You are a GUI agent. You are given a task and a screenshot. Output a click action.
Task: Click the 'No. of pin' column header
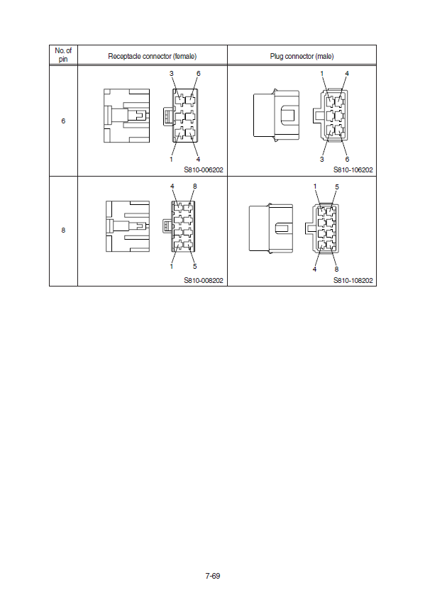coord(63,55)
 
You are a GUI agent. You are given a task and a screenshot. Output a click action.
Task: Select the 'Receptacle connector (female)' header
coord(153,57)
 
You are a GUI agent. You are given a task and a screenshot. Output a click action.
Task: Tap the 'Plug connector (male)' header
coord(302,57)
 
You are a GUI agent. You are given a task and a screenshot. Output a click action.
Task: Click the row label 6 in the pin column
coord(63,121)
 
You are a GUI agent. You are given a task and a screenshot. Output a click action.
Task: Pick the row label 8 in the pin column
coord(63,230)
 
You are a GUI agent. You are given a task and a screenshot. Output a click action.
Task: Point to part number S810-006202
coord(204,170)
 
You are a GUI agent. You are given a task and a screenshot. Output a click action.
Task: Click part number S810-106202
coord(353,170)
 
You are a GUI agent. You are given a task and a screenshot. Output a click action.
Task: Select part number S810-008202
coord(204,280)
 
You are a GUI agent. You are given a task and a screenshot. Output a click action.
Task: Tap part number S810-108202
coord(353,280)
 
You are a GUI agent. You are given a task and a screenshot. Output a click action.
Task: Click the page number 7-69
coord(213,576)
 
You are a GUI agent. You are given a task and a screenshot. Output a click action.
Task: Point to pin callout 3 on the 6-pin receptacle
coord(172,74)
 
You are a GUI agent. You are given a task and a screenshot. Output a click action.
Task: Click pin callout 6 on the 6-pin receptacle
coord(198,74)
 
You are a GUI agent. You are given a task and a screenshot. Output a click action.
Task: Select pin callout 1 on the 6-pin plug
coord(322,74)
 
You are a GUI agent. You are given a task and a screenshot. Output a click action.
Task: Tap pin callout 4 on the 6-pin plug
coord(347,74)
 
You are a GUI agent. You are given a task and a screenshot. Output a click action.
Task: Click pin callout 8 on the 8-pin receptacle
coord(195,187)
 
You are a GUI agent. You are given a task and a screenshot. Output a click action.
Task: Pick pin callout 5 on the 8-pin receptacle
coord(195,267)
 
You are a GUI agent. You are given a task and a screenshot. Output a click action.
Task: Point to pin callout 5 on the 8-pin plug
coord(337,187)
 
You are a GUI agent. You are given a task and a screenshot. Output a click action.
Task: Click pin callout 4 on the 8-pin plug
coord(314,269)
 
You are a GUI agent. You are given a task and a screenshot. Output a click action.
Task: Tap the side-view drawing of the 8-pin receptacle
coord(128,226)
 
